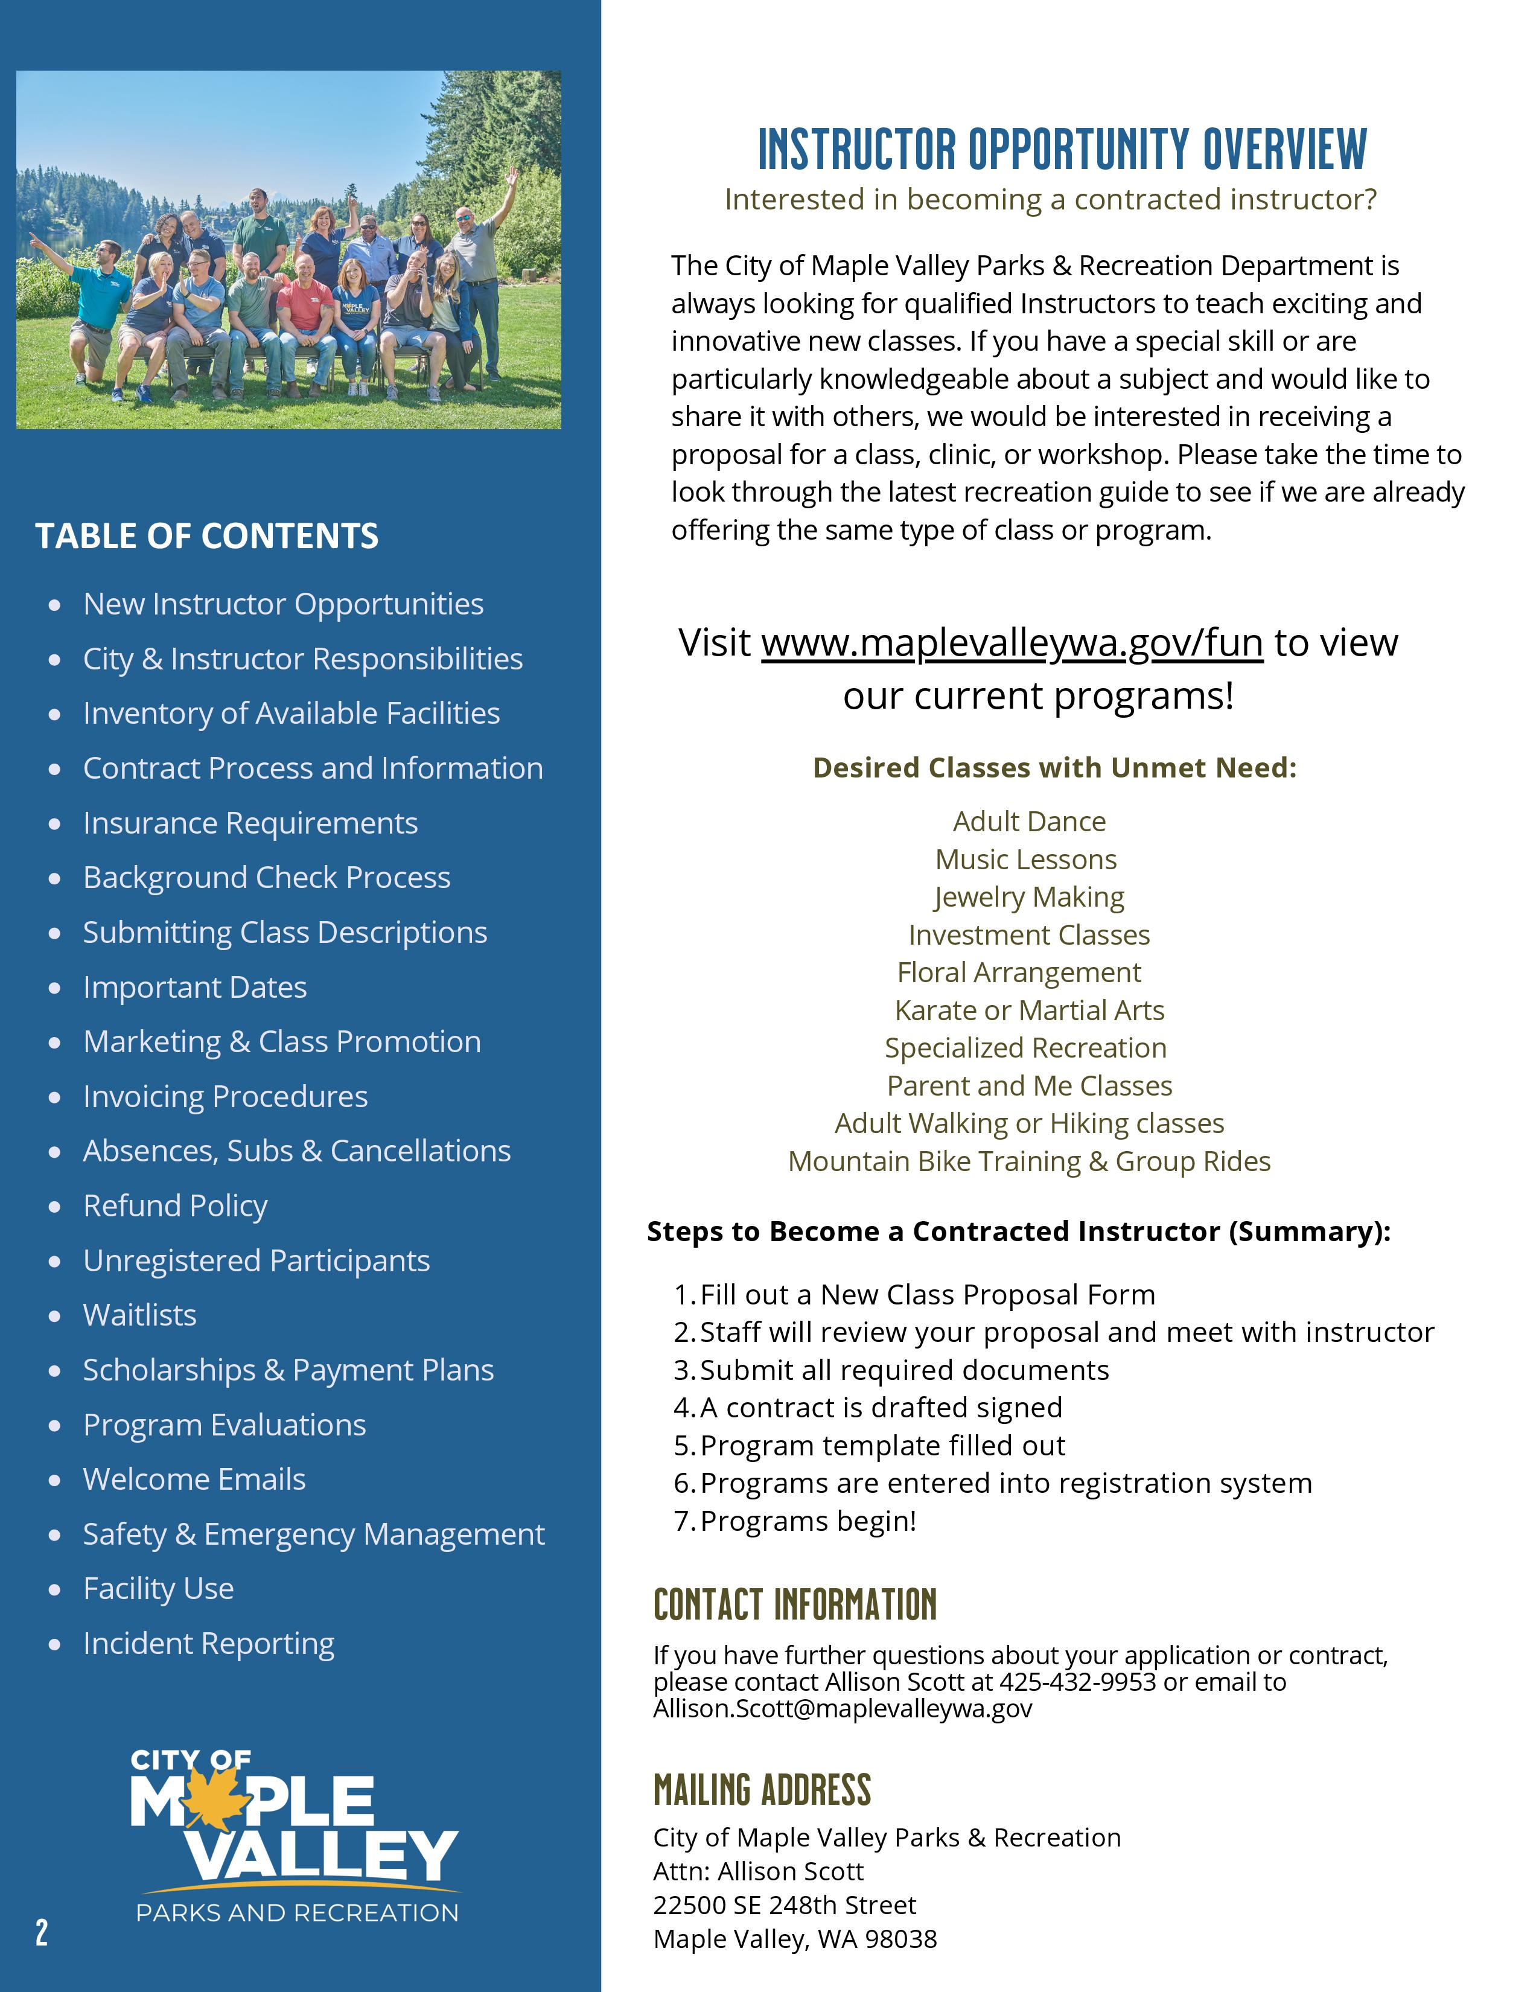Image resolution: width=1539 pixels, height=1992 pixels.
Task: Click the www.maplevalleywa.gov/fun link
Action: point(1012,643)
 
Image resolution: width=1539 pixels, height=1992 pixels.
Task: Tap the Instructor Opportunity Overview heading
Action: point(1062,150)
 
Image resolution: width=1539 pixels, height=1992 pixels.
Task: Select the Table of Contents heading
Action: point(207,535)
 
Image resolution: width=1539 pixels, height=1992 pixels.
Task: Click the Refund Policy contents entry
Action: point(175,1206)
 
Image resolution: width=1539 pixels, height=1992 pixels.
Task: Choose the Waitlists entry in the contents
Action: point(139,1315)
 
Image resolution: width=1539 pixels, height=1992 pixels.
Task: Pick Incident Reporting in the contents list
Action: point(209,1644)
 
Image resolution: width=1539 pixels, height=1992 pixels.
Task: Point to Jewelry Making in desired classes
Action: point(1028,898)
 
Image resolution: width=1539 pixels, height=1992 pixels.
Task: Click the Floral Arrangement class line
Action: point(1018,972)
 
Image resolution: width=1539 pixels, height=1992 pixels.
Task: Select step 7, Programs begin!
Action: point(808,1521)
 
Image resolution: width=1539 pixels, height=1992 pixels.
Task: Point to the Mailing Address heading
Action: point(762,1790)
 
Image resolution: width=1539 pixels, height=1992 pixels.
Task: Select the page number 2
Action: point(42,1931)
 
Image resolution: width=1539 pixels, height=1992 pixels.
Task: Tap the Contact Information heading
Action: point(795,1604)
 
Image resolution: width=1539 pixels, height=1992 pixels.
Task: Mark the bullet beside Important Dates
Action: point(56,988)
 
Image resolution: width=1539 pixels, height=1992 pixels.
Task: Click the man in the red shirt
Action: point(305,314)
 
